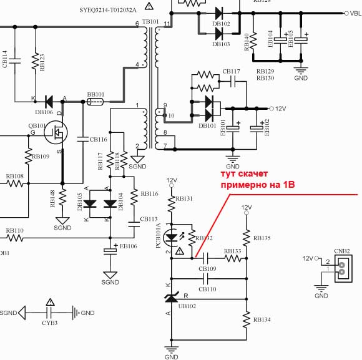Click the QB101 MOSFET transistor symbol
[x=58, y=133]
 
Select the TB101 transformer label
[x=151, y=22]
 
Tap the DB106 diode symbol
[x=49, y=102]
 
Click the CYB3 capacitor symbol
[x=51, y=312]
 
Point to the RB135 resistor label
[x=262, y=238]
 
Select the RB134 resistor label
[x=262, y=319]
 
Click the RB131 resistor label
[x=185, y=199]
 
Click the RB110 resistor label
[x=15, y=230]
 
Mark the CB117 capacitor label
[x=231, y=72]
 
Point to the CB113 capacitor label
[x=149, y=219]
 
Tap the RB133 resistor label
[x=233, y=251]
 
